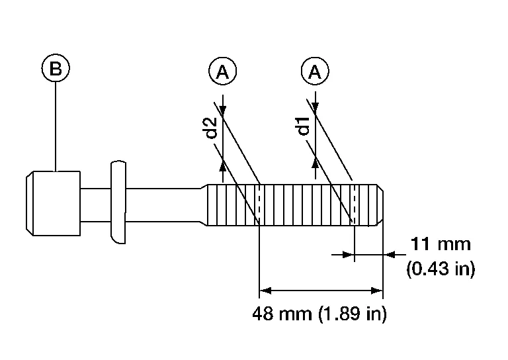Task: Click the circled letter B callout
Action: point(56,68)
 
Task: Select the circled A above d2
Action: point(222,71)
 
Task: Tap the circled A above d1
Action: point(316,71)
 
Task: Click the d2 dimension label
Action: point(212,128)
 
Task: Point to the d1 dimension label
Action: point(304,126)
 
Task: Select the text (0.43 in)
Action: point(441,269)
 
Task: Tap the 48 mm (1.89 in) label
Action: point(319,314)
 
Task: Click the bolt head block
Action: point(53,203)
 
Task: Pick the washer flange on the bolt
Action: point(118,202)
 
